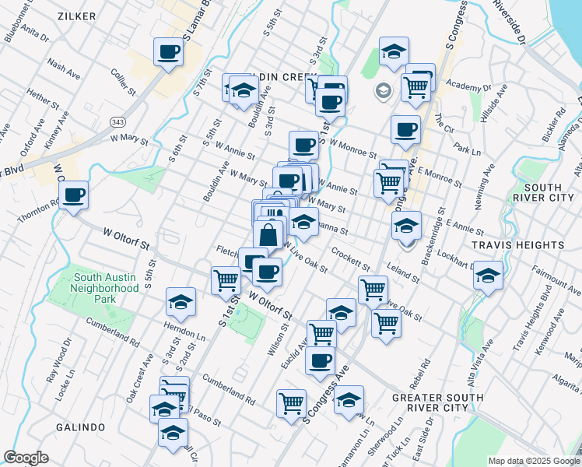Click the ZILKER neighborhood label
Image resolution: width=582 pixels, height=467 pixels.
(76, 16)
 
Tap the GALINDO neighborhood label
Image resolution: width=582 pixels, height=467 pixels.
(80, 427)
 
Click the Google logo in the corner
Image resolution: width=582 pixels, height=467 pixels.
(26, 458)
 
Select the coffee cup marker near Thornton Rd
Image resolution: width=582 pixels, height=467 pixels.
(74, 195)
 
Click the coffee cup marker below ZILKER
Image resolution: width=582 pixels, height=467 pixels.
(169, 52)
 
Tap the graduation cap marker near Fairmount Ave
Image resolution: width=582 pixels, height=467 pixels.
(488, 276)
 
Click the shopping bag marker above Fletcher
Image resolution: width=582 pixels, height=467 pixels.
(268, 234)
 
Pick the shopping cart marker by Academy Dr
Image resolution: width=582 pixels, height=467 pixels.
(416, 87)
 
